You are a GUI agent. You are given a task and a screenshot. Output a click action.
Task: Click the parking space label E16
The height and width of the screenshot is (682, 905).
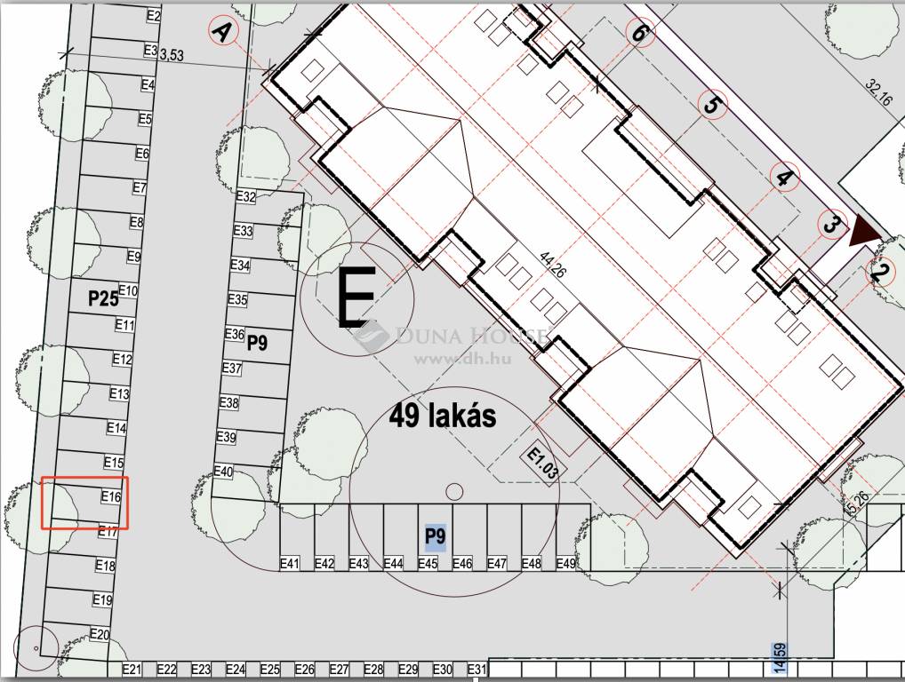pos(111,496)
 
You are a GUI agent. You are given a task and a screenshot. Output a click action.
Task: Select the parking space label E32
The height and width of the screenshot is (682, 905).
pos(246,196)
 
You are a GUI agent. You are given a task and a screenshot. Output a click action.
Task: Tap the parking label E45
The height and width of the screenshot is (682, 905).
pos(428,563)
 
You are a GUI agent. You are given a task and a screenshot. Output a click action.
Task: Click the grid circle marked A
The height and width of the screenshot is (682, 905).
pos(223,30)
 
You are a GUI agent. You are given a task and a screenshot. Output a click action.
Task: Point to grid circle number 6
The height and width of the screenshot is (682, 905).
pos(638,32)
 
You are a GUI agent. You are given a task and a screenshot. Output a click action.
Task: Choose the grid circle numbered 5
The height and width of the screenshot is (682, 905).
pos(712,105)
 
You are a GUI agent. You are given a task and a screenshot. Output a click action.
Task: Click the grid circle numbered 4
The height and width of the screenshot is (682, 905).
pos(784,177)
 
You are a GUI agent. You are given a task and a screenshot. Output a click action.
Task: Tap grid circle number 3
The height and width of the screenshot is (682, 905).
pos(832,225)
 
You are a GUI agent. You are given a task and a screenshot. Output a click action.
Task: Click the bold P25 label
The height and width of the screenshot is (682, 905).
pos(103,298)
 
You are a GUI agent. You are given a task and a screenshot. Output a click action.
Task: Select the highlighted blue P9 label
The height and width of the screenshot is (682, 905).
pos(436,536)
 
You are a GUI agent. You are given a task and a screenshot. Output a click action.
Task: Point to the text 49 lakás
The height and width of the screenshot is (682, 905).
pos(443,415)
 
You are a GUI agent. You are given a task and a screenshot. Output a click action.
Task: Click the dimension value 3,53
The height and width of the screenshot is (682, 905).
pos(171,55)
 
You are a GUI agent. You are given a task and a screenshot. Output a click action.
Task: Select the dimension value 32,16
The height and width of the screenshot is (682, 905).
pos(877,91)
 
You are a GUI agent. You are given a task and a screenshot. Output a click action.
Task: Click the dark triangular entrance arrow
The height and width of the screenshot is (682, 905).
pos(863,231)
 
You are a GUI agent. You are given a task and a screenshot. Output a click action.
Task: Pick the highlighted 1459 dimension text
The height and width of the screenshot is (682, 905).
pos(780,659)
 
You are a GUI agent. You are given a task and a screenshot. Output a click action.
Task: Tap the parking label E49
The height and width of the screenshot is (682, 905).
pos(565,563)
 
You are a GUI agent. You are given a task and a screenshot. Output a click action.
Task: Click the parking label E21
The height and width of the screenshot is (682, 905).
pos(132,670)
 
